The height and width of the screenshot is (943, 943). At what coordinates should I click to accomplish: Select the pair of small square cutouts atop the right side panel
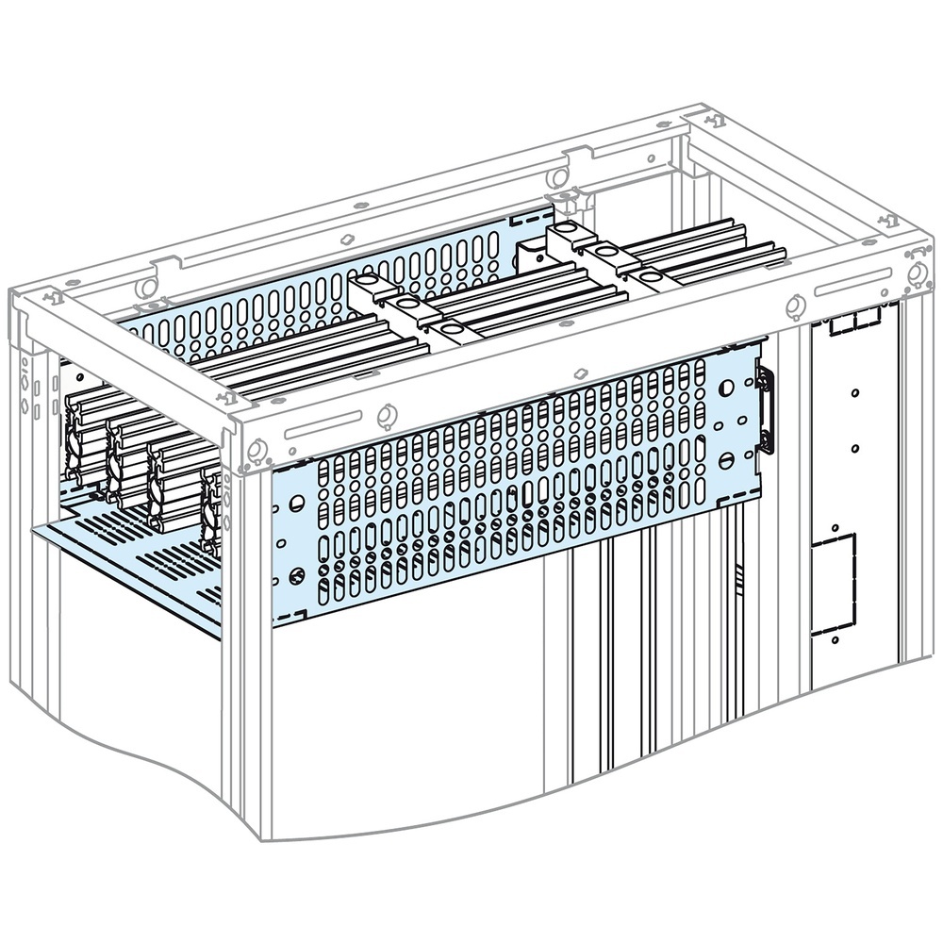coord(852,323)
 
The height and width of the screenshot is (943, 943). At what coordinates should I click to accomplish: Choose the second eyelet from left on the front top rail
coord(385,414)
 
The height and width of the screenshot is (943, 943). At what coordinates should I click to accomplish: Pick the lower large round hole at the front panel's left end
coord(297,574)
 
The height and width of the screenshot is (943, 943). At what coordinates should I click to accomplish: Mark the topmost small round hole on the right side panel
coord(852,392)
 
